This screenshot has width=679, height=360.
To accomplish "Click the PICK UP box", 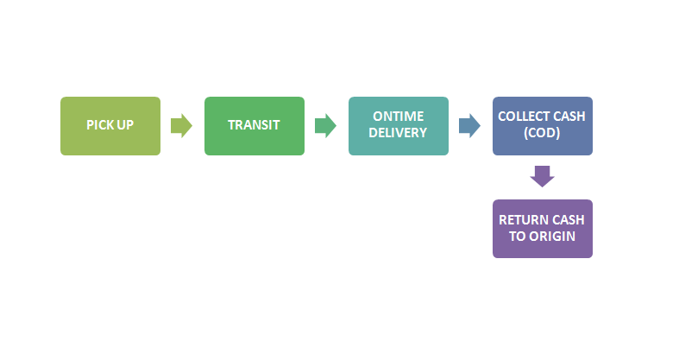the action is point(110,126).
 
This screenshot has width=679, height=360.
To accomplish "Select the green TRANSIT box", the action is point(255,126).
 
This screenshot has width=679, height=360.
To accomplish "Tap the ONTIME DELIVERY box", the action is point(399,126).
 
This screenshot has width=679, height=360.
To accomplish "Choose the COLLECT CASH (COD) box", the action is point(543,126).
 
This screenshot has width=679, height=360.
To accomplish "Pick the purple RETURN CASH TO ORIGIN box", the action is point(543,229).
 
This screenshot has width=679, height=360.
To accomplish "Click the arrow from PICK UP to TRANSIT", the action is point(181,126).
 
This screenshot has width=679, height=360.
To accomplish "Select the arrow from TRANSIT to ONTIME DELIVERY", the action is point(325,126).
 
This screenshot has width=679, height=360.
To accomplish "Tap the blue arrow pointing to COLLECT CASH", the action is point(470,126).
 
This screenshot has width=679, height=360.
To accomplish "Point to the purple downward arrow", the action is point(543,176).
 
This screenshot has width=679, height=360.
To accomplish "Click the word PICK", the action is point(98,125).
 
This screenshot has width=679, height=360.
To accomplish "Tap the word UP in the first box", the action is point(124,125).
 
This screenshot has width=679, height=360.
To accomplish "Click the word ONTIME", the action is point(399,117).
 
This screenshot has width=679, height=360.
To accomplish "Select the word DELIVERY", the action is point(398,133).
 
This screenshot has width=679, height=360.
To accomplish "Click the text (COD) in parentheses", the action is point(542,133).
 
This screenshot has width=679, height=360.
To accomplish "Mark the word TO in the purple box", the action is point(518,237).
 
